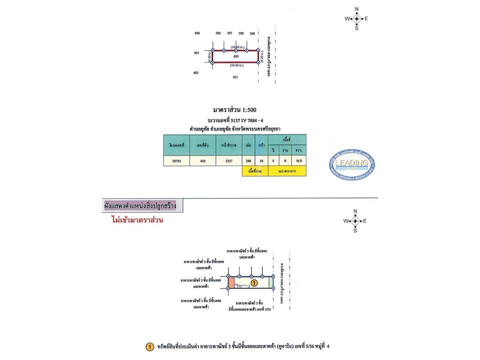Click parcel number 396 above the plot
pos(218,33)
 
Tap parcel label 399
pos(252,33)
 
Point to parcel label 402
pos(196,73)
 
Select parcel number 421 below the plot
pos(235,77)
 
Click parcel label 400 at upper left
pos(197,33)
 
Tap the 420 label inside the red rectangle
pos(235,56)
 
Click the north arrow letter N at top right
pos(356,9)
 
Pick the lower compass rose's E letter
pos(365,221)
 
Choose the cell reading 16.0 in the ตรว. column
pos(299,161)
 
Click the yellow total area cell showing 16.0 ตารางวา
pos(286,171)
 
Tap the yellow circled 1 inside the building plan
pos(254,283)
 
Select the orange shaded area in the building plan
pos(231,283)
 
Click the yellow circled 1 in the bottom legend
pos(149,346)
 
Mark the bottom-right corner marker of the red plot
pos(258,62)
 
